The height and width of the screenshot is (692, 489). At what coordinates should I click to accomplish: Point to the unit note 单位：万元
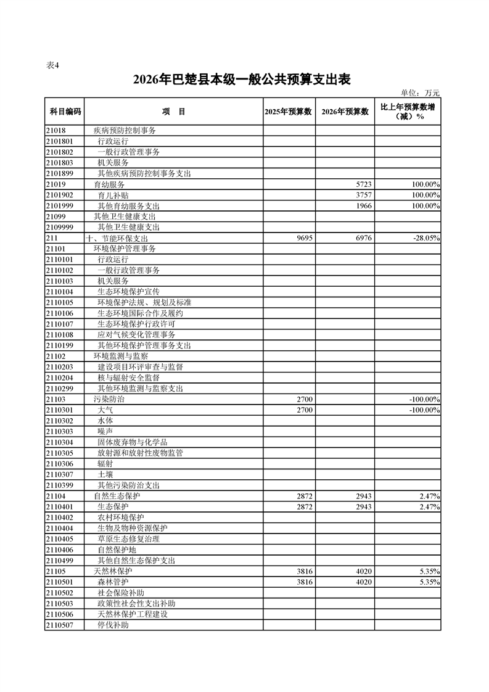pyautogui.click(x=420, y=93)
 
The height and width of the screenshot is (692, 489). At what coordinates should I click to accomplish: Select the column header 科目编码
pyautogui.click(x=64, y=112)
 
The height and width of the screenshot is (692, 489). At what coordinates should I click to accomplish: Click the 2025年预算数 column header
pyautogui.click(x=289, y=112)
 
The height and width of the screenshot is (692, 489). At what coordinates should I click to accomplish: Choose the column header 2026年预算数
pyautogui.click(x=345, y=112)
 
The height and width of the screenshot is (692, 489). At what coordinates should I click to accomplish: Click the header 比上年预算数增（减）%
pyautogui.click(x=408, y=112)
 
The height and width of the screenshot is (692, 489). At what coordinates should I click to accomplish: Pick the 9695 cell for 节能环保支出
pyautogui.click(x=305, y=238)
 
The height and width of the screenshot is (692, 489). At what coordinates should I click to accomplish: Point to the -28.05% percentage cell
pyautogui.click(x=424, y=238)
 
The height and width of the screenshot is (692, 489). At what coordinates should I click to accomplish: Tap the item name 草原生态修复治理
pyautogui.click(x=128, y=539)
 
